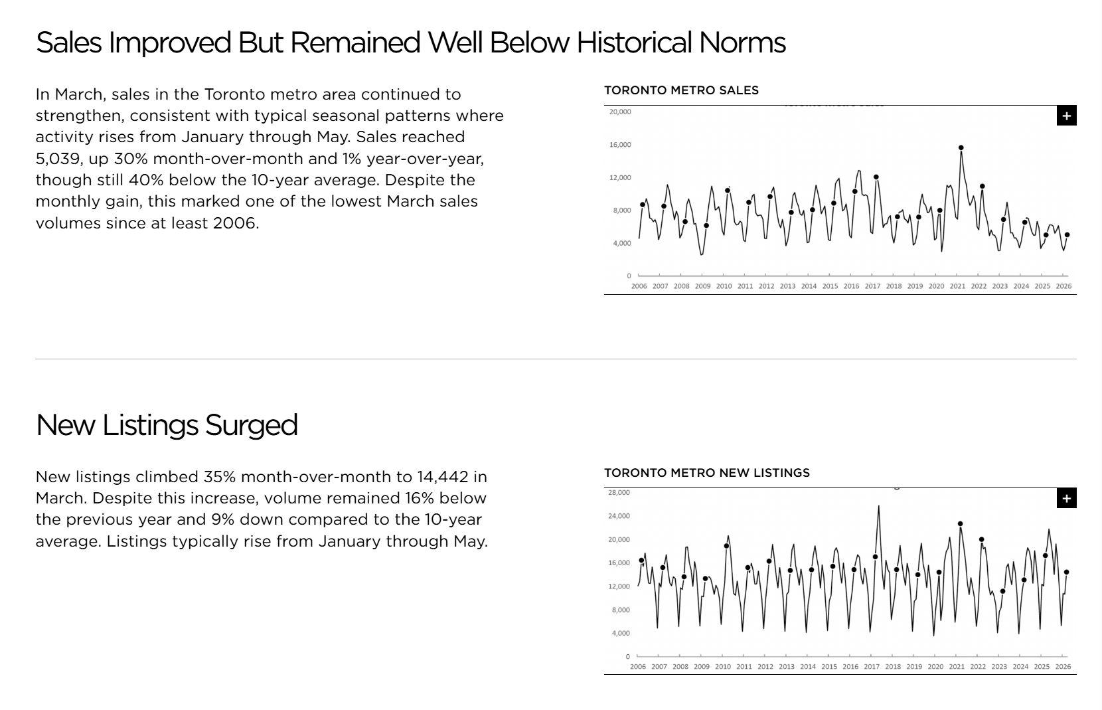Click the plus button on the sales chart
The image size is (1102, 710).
click(x=1066, y=116)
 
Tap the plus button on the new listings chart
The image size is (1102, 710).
click(x=1066, y=498)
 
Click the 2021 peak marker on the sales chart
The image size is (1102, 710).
click(x=961, y=148)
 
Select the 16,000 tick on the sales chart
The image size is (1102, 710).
click(x=620, y=145)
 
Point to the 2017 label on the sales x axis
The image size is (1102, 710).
click(x=872, y=286)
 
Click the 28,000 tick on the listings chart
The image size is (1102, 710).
click(x=619, y=493)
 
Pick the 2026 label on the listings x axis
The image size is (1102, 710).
click(x=1063, y=667)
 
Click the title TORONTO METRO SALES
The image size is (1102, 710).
click(x=681, y=90)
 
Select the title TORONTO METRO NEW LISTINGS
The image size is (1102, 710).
click(x=706, y=473)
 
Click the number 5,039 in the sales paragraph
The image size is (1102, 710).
click(x=57, y=159)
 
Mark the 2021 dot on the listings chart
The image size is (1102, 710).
click(x=960, y=524)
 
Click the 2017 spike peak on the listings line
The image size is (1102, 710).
click(x=878, y=506)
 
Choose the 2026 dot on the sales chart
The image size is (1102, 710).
click(x=1067, y=235)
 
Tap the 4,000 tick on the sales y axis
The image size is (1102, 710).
click(x=621, y=243)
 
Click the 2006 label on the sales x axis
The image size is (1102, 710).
click(x=639, y=286)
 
